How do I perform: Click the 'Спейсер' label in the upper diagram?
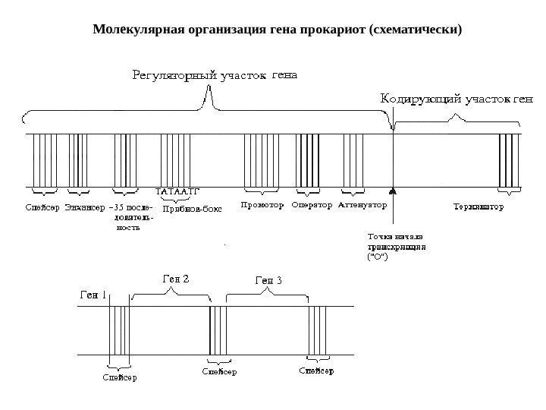(42, 206)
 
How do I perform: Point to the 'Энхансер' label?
(85, 206)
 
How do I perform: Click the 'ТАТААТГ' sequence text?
(181, 191)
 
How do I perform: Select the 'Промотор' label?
(262, 205)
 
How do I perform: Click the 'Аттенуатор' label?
(362, 205)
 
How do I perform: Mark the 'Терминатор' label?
(478, 206)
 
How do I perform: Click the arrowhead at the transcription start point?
(393, 191)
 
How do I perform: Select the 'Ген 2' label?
(177, 278)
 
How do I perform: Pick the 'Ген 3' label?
(268, 281)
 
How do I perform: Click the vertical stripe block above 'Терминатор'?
(509, 159)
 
